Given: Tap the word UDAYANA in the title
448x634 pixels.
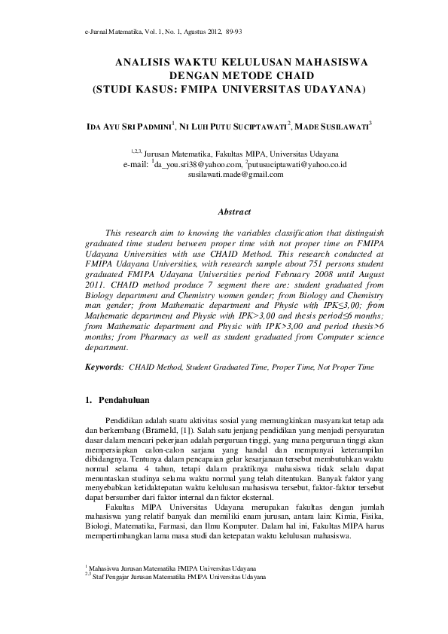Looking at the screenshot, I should (326, 88).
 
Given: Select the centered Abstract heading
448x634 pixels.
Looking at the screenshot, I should (233, 213).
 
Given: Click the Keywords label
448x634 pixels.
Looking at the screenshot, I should (105, 367).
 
